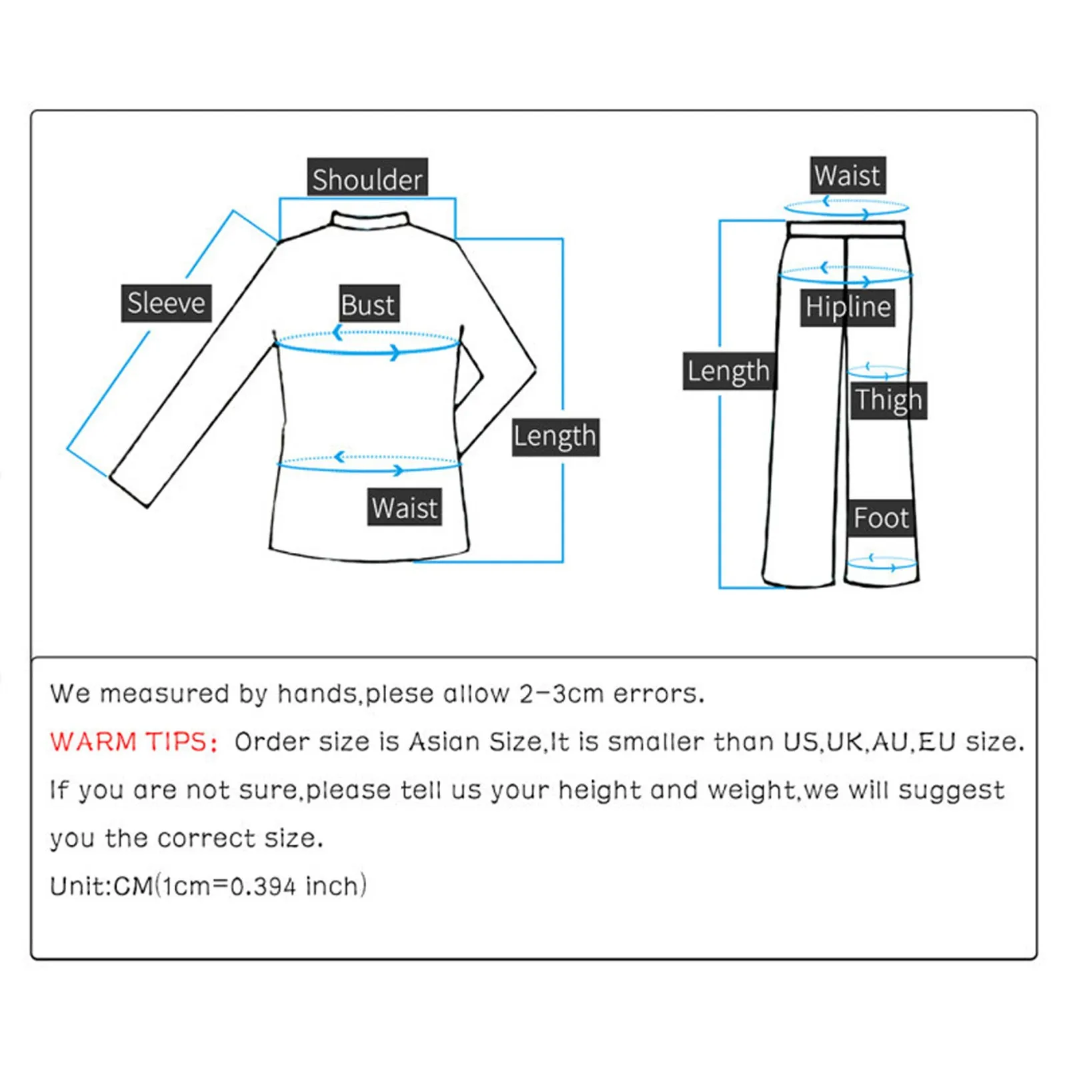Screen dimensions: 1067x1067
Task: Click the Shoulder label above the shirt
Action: [x=367, y=179]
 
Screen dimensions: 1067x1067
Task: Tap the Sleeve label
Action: [x=166, y=303]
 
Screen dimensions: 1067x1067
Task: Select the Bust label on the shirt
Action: [x=368, y=304]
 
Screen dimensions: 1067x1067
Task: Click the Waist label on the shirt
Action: [x=404, y=507]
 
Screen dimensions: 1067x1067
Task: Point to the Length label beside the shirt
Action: [x=555, y=437]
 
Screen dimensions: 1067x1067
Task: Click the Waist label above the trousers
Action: [x=847, y=175]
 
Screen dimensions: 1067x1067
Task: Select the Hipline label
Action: [x=848, y=307]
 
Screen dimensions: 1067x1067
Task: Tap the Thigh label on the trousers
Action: [x=888, y=400]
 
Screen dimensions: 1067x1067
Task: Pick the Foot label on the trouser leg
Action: [x=881, y=518]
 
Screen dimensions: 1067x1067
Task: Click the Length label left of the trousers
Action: [x=729, y=371]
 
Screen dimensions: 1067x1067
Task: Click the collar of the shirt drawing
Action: [x=370, y=219]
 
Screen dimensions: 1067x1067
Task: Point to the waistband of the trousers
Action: [x=846, y=229]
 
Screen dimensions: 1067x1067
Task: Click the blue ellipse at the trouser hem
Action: [x=881, y=564]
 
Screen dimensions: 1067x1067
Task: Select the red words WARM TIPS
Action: [x=133, y=742]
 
